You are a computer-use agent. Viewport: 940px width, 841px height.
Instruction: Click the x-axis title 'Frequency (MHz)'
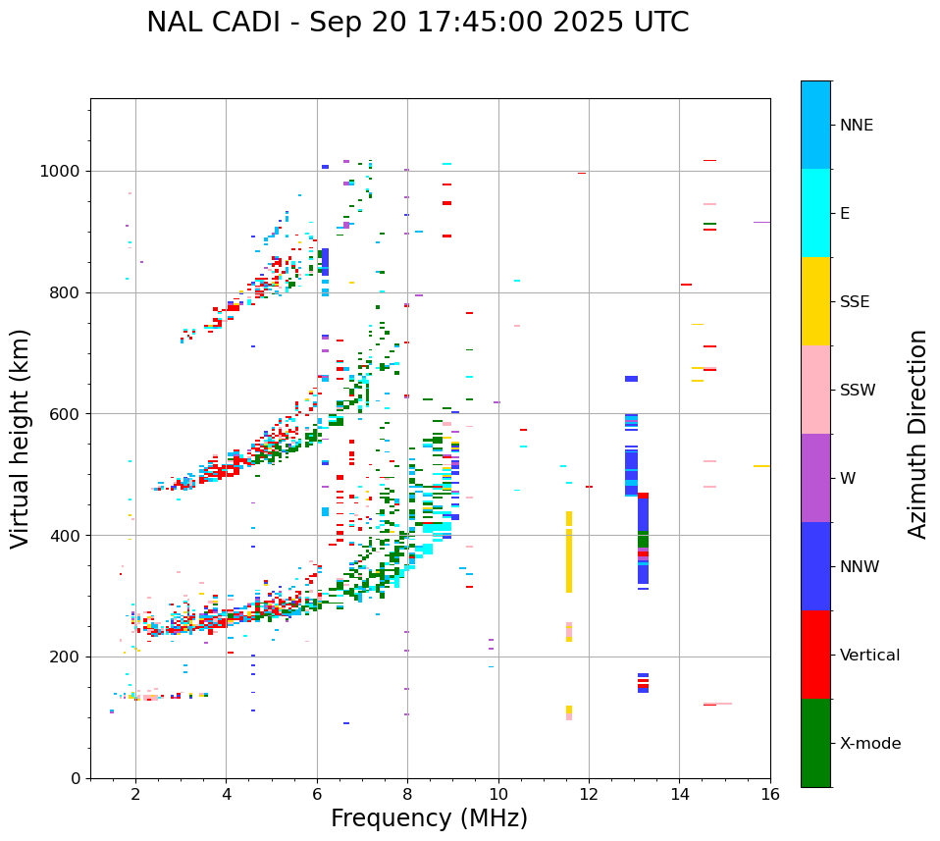pyautogui.click(x=429, y=818)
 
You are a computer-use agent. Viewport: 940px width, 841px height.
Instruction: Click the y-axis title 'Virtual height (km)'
pyautogui.click(x=21, y=439)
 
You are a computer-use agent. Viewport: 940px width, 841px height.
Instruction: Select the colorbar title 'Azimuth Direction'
pyautogui.click(x=917, y=434)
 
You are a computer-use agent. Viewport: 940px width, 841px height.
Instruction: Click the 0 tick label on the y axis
pyautogui.click(x=76, y=778)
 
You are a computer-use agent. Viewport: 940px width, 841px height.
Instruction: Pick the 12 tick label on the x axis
pyautogui.click(x=589, y=794)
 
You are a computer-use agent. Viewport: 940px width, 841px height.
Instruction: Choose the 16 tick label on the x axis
pyautogui.click(x=770, y=794)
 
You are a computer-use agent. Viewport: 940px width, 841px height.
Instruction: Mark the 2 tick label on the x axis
pyautogui.click(x=135, y=794)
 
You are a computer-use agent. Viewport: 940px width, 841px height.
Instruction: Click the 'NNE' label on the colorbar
pyautogui.click(x=856, y=126)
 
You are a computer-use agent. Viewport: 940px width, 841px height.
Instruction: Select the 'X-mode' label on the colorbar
pyautogui.click(x=869, y=744)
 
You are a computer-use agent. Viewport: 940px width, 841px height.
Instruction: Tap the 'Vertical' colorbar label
pyautogui.click(x=869, y=656)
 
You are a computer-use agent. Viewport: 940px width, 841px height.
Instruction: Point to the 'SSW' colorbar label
pyautogui.click(x=858, y=391)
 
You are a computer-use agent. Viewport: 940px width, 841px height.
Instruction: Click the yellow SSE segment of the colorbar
pyautogui.click(x=815, y=301)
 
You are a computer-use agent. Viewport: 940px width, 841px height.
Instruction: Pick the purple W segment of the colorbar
pyautogui.click(x=815, y=478)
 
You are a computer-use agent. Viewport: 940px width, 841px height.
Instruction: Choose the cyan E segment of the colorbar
pyautogui.click(x=815, y=213)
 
